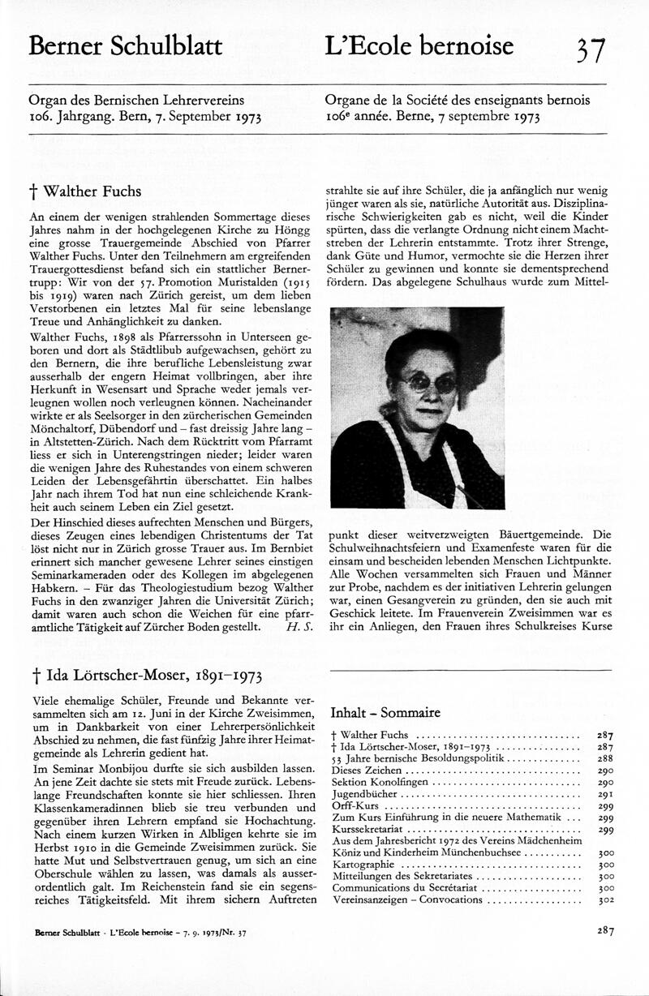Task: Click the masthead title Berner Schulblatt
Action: [125, 47]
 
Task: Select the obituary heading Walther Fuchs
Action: [85, 192]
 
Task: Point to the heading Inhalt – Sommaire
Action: [385, 713]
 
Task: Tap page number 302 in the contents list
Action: [604, 900]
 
